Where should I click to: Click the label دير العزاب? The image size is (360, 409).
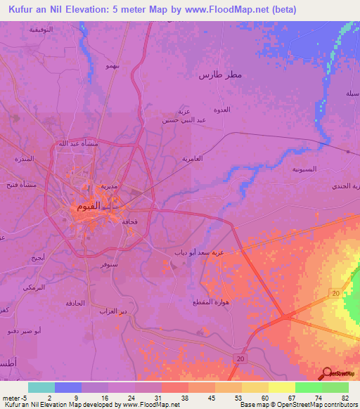(x=112, y=311)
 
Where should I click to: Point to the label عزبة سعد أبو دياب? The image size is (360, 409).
(x=199, y=251)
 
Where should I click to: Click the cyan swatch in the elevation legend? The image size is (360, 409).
(x=41, y=387)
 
